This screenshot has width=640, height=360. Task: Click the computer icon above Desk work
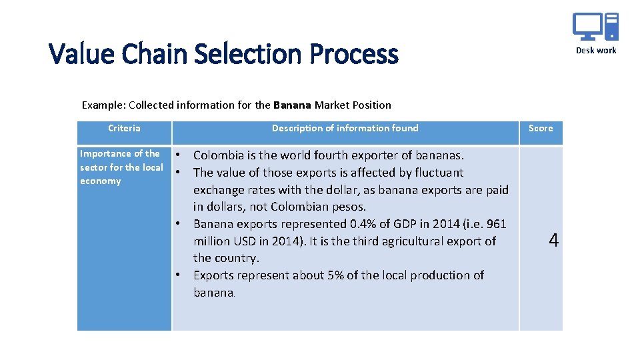(x=595, y=27)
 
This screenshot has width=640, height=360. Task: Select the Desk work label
(x=596, y=51)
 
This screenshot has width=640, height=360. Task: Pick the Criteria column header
(x=124, y=128)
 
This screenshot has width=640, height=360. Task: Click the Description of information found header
(x=345, y=128)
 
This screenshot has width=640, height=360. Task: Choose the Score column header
(x=541, y=128)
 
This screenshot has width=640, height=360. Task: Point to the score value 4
(x=553, y=241)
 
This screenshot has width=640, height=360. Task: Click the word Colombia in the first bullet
(x=218, y=155)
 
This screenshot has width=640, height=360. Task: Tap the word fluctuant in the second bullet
(x=438, y=173)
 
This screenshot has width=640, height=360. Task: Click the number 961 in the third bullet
(x=495, y=224)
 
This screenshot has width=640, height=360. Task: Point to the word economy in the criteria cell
(x=100, y=181)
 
